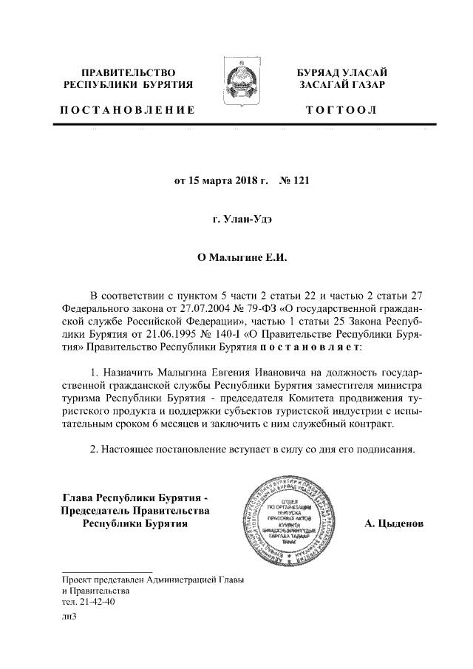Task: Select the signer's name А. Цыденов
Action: click(394, 524)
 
